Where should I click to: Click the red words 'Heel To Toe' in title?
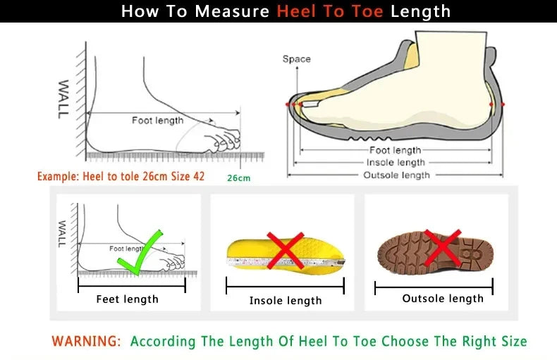click(x=330, y=11)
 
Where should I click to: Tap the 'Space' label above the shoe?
click(x=296, y=59)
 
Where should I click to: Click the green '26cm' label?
click(x=238, y=178)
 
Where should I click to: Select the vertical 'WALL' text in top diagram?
click(x=63, y=99)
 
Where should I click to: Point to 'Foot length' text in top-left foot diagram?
click(x=157, y=120)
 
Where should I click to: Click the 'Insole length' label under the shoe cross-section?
click(x=395, y=163)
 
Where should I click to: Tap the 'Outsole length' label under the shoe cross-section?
click(x=395, y=175)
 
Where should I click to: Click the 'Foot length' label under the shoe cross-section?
click(x=395, y=150)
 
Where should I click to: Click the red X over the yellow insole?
click(x=285, y=250)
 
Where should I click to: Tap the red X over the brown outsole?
click(x=442, y=248)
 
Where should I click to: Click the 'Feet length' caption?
click(x=127, y=299)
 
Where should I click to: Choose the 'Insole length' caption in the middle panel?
click(x=286, y=301)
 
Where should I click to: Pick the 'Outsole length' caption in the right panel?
click(x=443, y=299)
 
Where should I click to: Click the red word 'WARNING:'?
click(x=86, y=342)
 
